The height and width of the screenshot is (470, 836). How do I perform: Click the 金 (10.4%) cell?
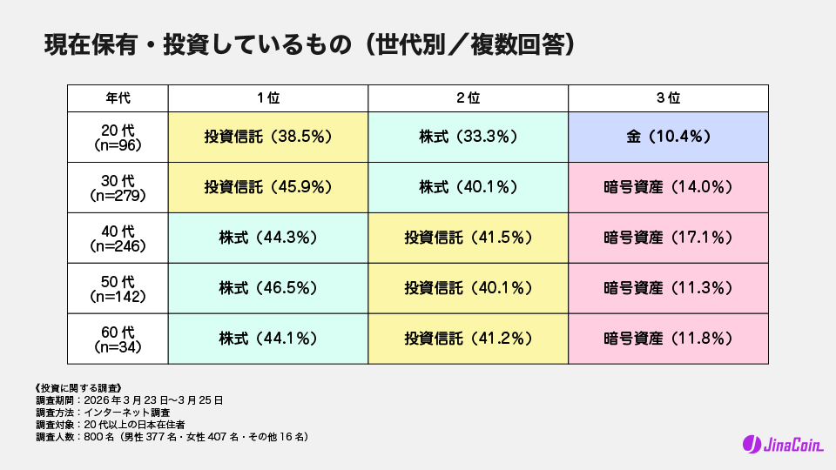[669, 137]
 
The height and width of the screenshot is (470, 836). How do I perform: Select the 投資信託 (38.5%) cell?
[268, 137]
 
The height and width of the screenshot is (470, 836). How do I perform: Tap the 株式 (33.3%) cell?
[469, 137]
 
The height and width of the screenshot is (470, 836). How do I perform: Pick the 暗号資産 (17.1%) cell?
[669, 238]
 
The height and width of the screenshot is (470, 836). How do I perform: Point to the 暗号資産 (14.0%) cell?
[669, 187]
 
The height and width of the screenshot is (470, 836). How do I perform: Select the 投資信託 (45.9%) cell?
[268, 187]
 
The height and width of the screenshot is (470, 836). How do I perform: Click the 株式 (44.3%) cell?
[268, 238]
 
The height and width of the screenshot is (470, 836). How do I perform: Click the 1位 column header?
[268, 98]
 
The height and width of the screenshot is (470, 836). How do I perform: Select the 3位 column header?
[669, 98]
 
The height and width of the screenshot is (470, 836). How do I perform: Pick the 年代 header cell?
[118, 98]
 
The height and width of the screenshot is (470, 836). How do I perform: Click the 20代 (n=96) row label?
[118, 137]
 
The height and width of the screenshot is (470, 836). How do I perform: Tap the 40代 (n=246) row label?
[118, 238]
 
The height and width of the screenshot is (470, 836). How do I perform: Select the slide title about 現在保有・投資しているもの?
[310, 45]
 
